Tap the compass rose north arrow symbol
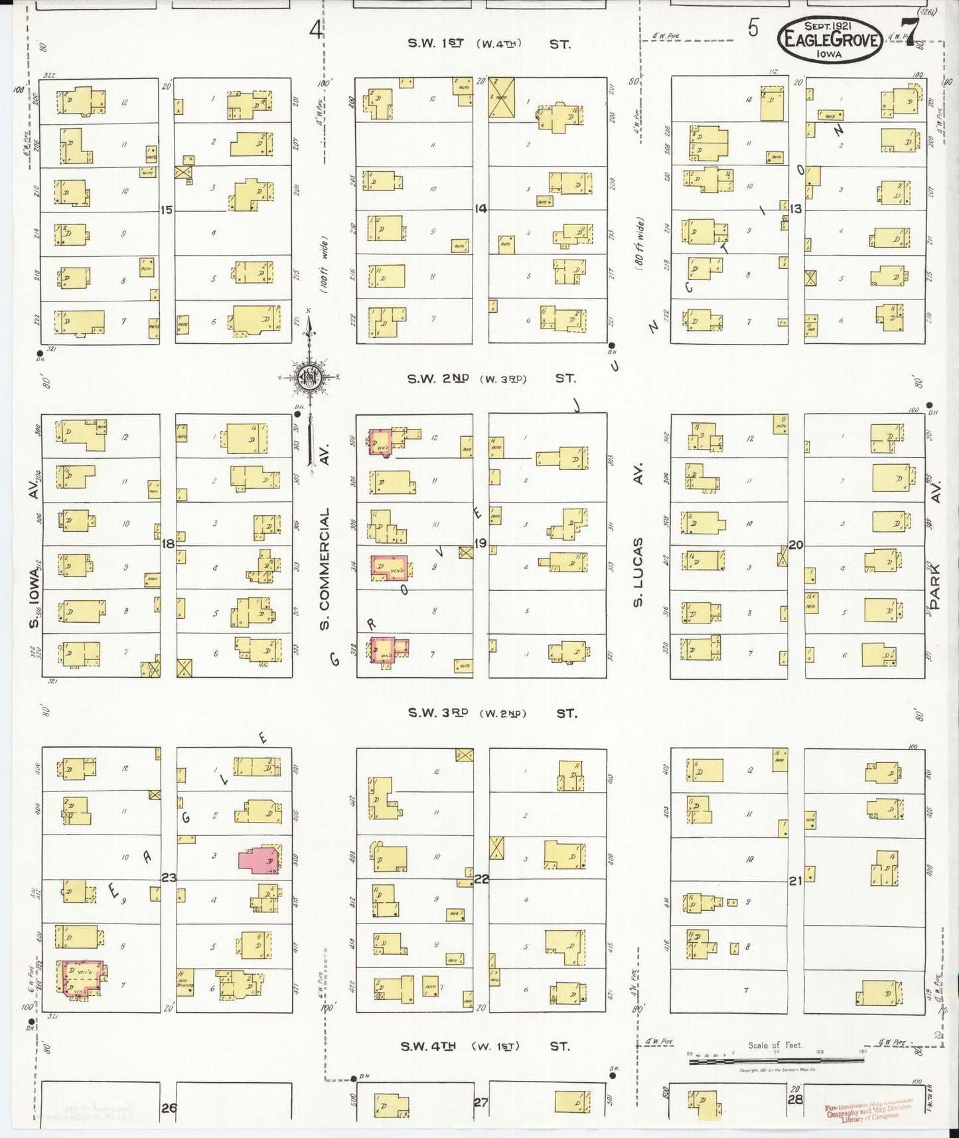[309, 378]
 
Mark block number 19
[480, 543]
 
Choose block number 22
[481, 879]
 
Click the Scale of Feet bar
[776, 1061]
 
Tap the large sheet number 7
[911, 30]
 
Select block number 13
[795, 209]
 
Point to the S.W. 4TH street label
[428, 1046]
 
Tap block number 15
[166, 210]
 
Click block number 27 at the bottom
[480, 1102]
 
